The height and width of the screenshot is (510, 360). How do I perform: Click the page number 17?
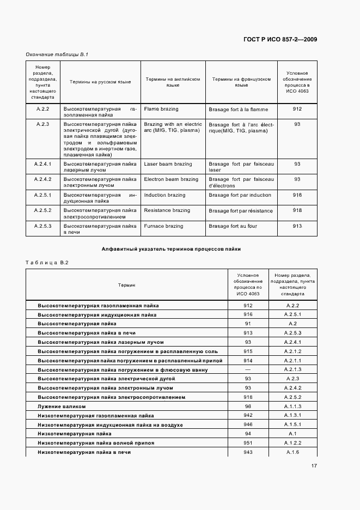pos(314,466)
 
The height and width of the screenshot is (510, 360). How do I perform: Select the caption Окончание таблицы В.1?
pos(57,54)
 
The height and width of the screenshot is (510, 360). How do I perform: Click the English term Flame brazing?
pos(161,109)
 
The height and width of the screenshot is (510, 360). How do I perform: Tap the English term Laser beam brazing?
pos(168,164)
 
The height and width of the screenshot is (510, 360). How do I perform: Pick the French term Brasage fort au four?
pos(233,226)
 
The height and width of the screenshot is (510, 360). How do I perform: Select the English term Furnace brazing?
pos(164,226)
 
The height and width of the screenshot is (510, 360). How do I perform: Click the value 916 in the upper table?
pos(297,195)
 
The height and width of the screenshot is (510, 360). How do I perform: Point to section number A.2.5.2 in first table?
pos(42,210)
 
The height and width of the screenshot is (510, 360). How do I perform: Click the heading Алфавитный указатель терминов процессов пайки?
pos(171,249)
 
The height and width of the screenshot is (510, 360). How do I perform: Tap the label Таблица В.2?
pos(47,262)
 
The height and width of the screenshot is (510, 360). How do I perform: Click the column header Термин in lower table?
pos(127,285)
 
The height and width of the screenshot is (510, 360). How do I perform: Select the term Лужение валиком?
pos(62,406)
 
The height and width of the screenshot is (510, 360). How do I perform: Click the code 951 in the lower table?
pos(248,443)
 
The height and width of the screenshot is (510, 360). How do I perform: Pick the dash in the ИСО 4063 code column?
pos(248,369)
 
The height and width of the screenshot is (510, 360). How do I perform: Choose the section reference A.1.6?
pos(294,453)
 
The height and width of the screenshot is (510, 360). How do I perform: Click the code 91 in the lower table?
pos(248,324)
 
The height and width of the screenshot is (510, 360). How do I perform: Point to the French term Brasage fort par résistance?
pos(240,210)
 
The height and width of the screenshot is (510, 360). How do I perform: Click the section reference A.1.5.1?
pos(294,425)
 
